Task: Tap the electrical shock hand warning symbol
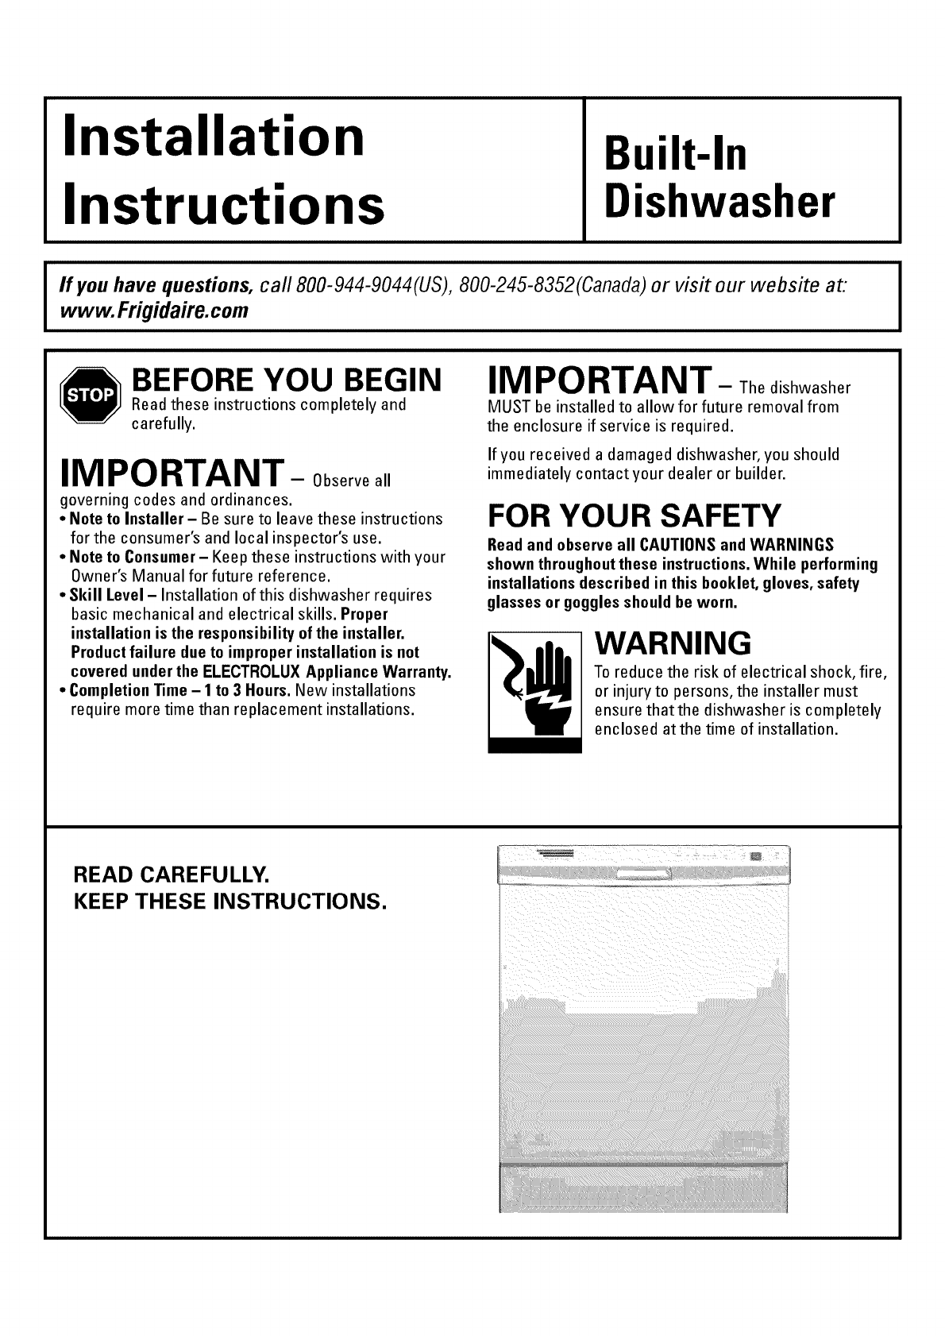pos(534,690)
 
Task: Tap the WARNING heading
pos(673,640)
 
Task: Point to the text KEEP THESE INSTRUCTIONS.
pos(229,902)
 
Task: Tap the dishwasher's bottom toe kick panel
pos(642,1189)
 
